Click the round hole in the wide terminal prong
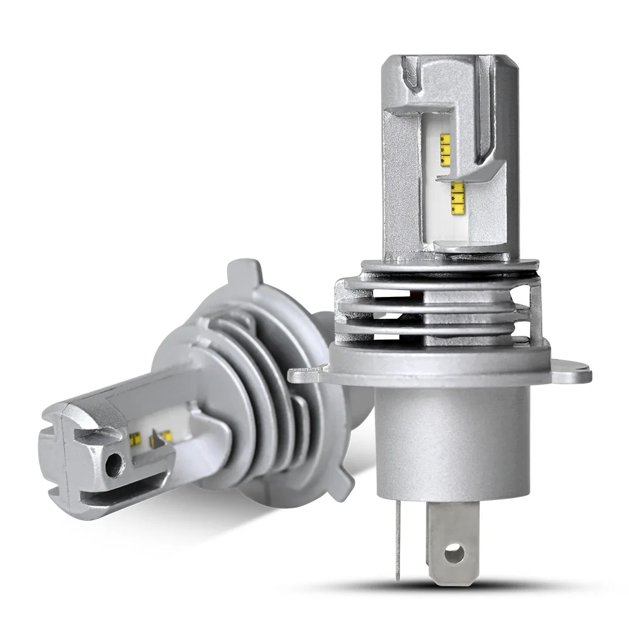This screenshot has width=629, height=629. click(451, 554)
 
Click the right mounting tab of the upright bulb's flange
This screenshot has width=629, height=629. click(569, 374)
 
